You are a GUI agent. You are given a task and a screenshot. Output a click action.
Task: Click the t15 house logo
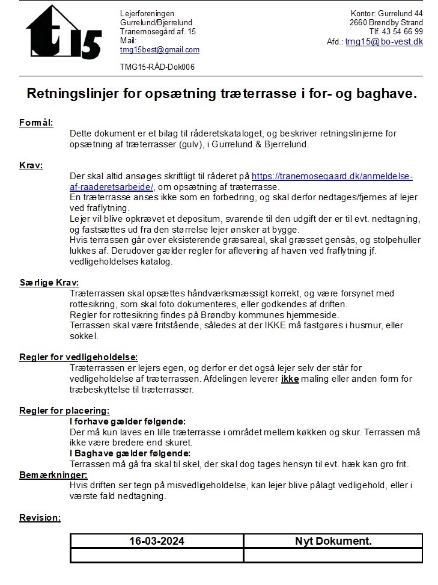pyautogui.click(x=63, y=33)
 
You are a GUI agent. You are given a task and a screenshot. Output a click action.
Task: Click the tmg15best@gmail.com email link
pyautogui.click(x=159, y=50)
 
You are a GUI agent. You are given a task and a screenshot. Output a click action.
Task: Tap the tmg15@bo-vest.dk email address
pyautogui.click(x=384, y=41)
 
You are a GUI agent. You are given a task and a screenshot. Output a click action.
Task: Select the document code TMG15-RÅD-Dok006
pyautogui.click(x=157, y=67)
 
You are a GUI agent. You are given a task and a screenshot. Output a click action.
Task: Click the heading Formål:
pyautogui.click(x=36, y=123)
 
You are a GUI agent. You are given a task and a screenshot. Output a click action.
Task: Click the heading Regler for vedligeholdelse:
pyautogui.click(x=79, y=357)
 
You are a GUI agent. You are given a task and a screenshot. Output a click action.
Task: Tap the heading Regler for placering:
pyautogui.click(x=64, y=411)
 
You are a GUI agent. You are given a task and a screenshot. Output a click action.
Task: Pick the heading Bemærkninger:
pyautogui.click(x=53, y=475)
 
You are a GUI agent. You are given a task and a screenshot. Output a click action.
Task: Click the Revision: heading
pyautogui.click(x=40, y=518)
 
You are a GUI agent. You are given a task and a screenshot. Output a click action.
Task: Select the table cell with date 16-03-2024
pyautogui.click(x=157, y=541)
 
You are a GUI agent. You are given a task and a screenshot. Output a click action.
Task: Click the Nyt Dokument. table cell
pyautogui.click(x=333, y=541)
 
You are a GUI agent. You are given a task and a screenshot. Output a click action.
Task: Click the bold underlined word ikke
pyautogui.click(x=290, y=379)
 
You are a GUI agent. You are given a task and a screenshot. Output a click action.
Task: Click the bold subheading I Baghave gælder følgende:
pyautogui.click(x=130, y=453)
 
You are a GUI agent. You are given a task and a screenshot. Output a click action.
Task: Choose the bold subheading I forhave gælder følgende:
pyautogui.click(x=127, y=421)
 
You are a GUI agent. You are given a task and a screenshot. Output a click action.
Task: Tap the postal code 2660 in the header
pyautogui.click(x=360, y=23)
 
